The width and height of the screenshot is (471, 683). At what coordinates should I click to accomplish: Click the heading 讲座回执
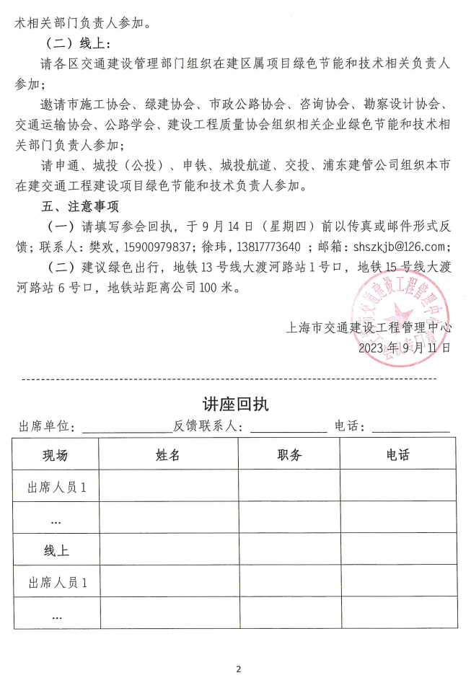[x=235, y=404]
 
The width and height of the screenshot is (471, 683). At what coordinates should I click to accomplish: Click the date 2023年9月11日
[x=405, y=347]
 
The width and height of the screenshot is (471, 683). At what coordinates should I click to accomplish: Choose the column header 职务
[x=289, y=454]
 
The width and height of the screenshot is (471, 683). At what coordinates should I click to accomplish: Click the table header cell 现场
[x=55, y=454]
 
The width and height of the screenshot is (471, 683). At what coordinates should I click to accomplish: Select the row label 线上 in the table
[x=55, y=550]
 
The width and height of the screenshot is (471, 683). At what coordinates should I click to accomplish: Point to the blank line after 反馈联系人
[x=288, y=428]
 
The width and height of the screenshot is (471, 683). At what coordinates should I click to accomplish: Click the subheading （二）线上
[x=76, y=43]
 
